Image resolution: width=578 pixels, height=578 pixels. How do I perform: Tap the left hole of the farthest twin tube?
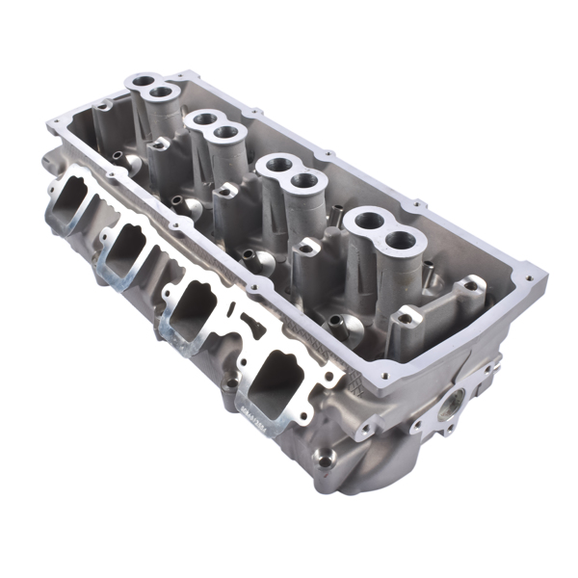[x=144, y=82]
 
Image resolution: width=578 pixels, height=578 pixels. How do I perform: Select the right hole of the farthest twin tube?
[x=163, y=92]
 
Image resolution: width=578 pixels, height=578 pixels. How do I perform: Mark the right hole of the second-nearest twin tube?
[x=305, y=179]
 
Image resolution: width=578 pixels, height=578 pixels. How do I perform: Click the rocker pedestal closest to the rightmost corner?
[x=472, y=285]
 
